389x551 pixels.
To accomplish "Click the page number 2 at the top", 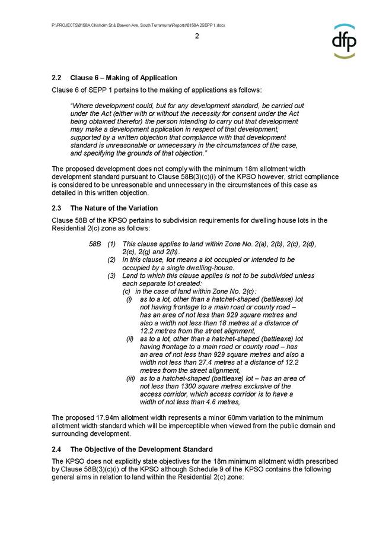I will [x=197, y=36].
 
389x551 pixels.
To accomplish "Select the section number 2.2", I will [x=57, y=78].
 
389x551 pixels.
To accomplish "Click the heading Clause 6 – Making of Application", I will [x=123, y=78].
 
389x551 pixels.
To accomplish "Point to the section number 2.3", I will [x=57, y=208].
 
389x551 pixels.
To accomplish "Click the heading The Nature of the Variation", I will [x=114, y=208].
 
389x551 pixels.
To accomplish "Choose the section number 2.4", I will [x=57, y=448].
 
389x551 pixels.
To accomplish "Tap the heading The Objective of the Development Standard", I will [x=141, y=448].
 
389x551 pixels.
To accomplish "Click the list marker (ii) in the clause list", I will [x=130, y=338].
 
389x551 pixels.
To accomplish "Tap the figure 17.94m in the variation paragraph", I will [x=104, y=416].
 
